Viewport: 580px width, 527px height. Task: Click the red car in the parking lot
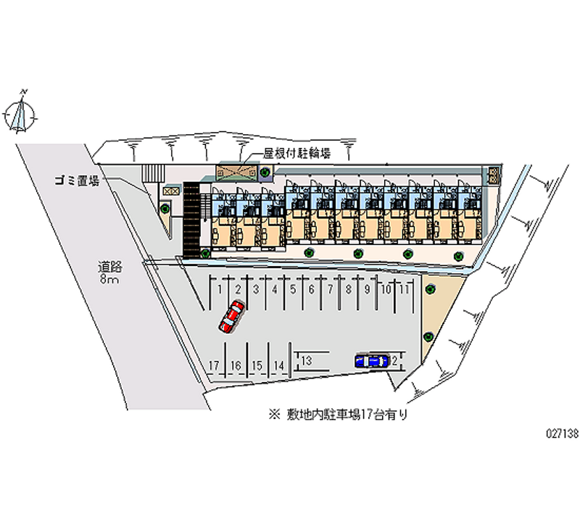tap(231, 315)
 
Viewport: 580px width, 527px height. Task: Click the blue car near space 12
tap(371, 360)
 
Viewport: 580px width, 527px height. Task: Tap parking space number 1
tap(219, 289)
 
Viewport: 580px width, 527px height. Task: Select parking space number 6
tap(311, 289)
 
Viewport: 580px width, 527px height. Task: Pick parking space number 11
tap(406, 289)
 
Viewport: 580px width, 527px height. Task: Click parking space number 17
tap(213, 365)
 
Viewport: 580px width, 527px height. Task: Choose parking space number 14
tap(279, 365)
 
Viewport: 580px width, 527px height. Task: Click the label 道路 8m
tap(109, 273)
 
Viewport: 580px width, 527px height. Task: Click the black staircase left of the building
tap(191, 218)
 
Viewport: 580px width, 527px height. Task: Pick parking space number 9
tap(368, 289)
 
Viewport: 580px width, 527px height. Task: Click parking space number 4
tap(274, 289)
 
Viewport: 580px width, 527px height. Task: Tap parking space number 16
tap(235, 365)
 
